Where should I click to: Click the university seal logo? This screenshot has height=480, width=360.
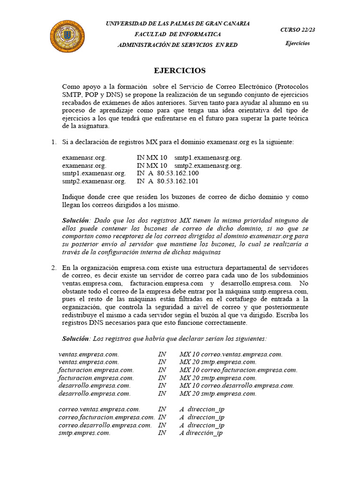[67, 37]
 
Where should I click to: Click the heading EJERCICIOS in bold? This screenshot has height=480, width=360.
[180, 71]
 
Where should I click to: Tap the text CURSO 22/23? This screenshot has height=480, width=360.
[298, 30]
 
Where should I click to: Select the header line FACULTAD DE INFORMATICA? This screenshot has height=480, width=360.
[178, 34]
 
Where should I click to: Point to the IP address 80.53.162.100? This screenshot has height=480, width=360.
[178, 173]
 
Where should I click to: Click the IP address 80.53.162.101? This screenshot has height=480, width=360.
[178, 181]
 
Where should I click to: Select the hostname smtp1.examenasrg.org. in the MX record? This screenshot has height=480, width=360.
[208, 157]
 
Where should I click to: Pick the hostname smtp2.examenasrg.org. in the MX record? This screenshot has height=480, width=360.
[208, 165]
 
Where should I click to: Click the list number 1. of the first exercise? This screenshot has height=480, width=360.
[53, 142]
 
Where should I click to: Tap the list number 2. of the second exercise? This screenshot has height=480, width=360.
[53, 267]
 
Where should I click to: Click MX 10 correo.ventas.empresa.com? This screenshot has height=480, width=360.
[231, 354]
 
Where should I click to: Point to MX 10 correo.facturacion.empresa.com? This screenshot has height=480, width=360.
[238, 370]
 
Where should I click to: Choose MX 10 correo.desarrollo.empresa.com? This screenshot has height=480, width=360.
[237, 385]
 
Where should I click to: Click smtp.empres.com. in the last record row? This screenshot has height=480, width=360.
[84, 433]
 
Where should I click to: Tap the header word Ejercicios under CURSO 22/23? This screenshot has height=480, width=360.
[298, 44]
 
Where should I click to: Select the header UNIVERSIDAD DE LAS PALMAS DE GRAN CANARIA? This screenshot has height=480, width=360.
[178, 23]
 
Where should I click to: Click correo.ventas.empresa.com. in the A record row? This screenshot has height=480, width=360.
[99, 409]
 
